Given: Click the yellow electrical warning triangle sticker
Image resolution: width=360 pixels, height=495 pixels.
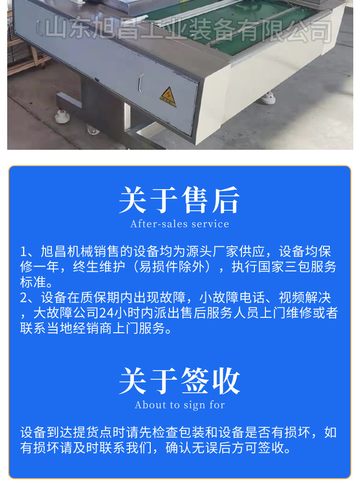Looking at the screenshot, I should point(168,97).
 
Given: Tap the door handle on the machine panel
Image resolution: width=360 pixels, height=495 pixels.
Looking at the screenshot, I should point(140,85).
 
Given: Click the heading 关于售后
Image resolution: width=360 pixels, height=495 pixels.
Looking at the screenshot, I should point(180,200).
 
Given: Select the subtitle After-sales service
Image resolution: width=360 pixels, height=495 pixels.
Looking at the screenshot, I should point(180,224).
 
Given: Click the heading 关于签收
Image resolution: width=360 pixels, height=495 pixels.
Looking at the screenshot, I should point(180,381).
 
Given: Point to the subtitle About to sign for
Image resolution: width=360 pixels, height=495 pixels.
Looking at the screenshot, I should point(180,405).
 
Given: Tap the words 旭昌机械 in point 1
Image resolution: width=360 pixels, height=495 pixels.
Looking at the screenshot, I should point(62,252).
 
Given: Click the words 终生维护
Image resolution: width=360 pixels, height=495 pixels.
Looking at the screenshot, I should point(94,267).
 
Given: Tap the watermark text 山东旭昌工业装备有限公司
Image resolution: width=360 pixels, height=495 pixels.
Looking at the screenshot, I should point(187,30).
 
